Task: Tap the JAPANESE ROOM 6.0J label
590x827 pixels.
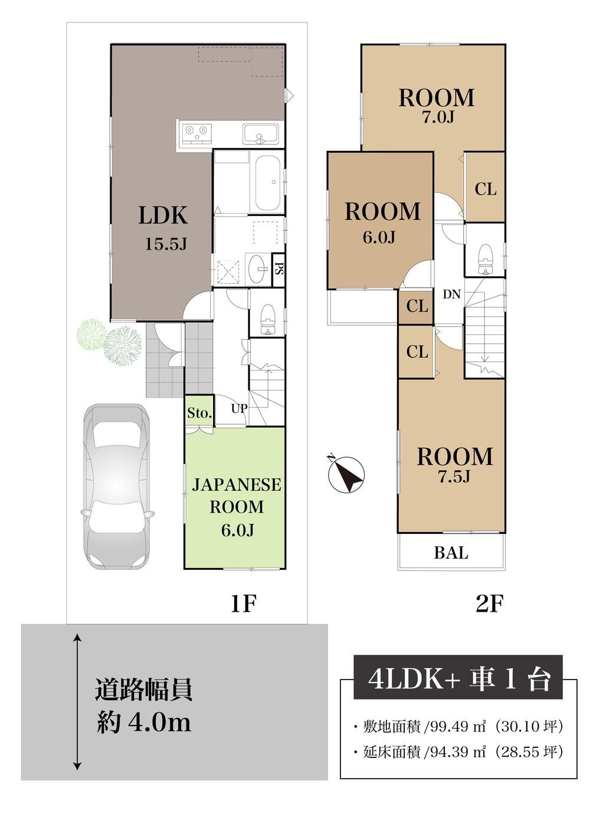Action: (237, 507)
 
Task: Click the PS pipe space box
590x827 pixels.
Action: (278, 269)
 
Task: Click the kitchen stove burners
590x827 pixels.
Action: (196, 133)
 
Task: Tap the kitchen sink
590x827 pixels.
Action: (260, 134)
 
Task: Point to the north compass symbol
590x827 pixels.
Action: (346, 474)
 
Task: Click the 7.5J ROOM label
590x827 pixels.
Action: (454, 464)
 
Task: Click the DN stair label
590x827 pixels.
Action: (451, 294)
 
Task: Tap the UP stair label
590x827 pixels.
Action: (239, 408)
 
